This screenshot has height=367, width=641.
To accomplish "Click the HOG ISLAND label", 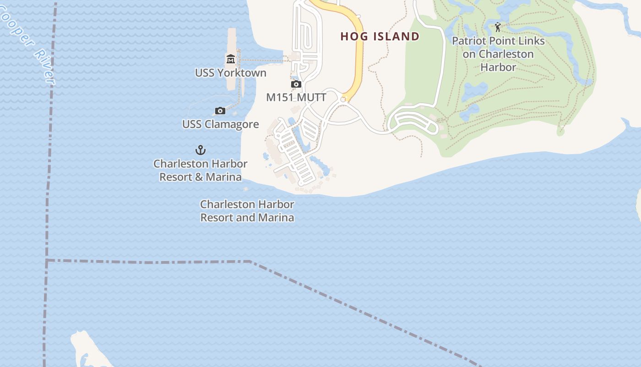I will click(x=380, y=37).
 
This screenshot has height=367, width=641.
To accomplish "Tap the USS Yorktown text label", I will click(x=230, y=73).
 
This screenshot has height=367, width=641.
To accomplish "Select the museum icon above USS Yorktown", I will click(x=230, y=59).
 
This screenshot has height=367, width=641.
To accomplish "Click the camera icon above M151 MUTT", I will click(x=296, y=84).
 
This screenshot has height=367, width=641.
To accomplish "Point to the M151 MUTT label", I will click(x=296, y=97).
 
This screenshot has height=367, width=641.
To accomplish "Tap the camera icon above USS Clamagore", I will click(x=220, y=111).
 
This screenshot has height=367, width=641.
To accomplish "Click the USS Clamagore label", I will click(x=220, y=124).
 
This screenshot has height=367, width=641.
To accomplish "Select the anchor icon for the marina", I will click(x=201, y=150).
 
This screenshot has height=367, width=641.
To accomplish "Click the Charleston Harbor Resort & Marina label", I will click(x=201, y=170).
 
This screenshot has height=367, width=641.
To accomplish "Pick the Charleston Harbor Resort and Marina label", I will click(x=247, y=211).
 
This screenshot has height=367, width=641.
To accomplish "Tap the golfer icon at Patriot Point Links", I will click(x=498, y=27).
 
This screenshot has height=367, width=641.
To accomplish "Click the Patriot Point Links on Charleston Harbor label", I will click(x=498, y=54).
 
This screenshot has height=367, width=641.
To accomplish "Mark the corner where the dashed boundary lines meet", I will click(x=47, y=261).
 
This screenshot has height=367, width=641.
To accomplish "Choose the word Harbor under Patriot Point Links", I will click(x=498, y=67).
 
